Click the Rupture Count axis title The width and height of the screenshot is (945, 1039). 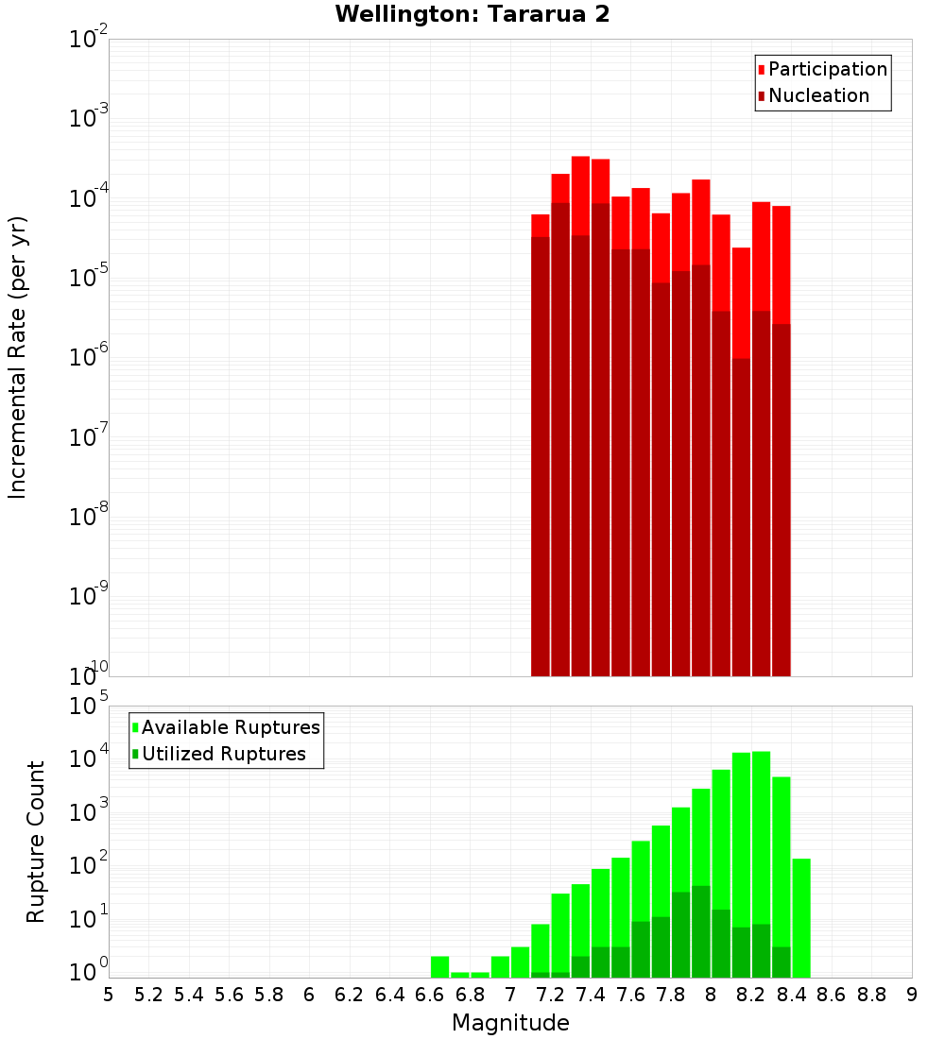(x=36, y=842)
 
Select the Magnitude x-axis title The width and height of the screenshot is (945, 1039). (x=510, y=1023)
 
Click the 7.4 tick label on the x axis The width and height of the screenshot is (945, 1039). (x=591, y=995)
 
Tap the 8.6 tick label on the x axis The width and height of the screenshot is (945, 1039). (x=832, y=995)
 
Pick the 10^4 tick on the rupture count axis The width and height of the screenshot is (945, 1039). (x=87, y=758)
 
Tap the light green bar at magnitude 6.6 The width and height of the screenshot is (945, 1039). (x=440, y=967)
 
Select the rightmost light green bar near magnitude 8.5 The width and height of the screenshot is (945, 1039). (x=801, y=916)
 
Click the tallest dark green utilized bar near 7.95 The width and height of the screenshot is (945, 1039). (x=701, y=930)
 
